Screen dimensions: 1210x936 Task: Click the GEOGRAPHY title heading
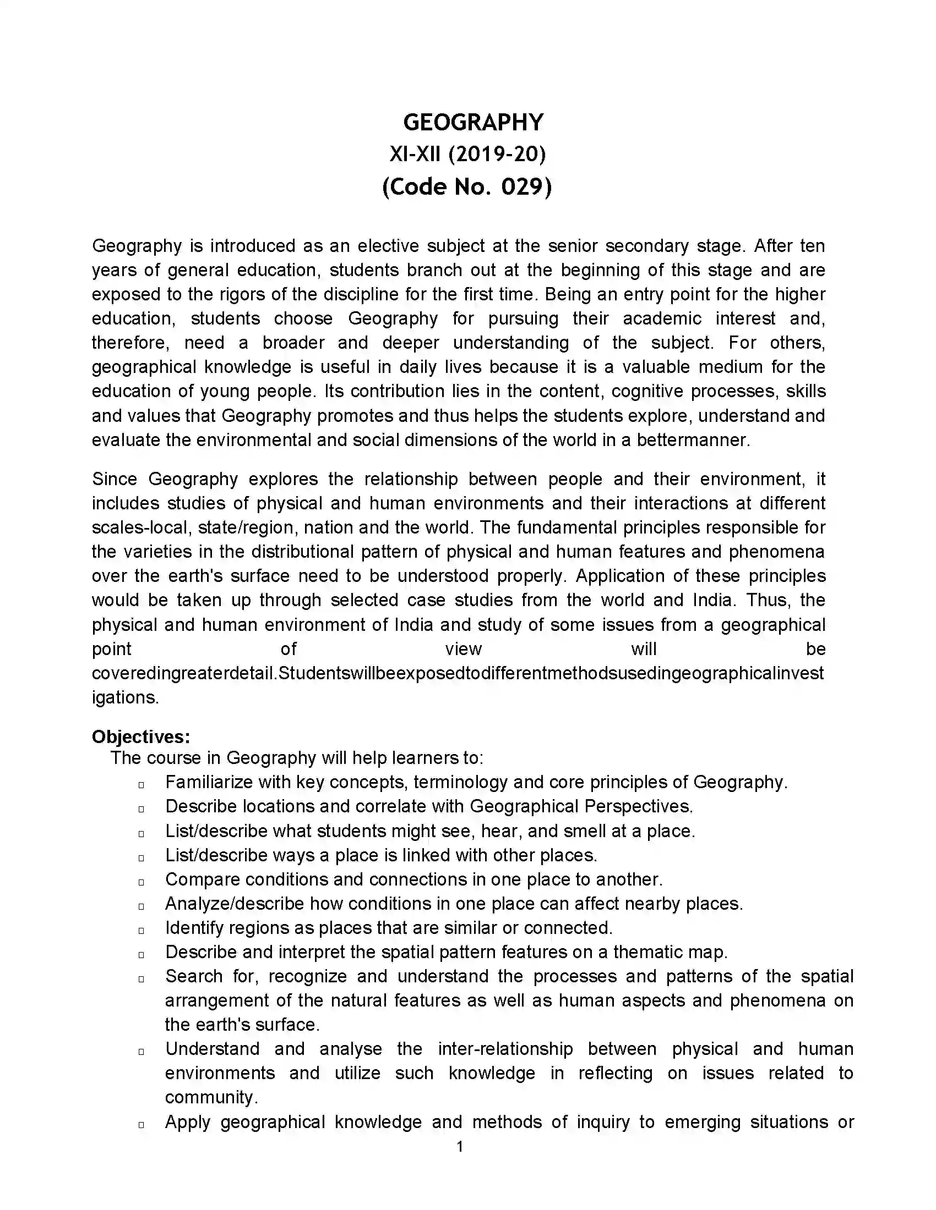point(473,123)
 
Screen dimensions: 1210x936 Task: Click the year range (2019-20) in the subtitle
point(497,154)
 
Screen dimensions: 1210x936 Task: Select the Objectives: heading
point(141,736)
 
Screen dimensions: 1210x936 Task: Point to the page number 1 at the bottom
point(460,1146)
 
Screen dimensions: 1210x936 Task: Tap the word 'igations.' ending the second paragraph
point(126,697)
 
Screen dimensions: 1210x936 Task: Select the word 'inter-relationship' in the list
point(505,1049)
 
